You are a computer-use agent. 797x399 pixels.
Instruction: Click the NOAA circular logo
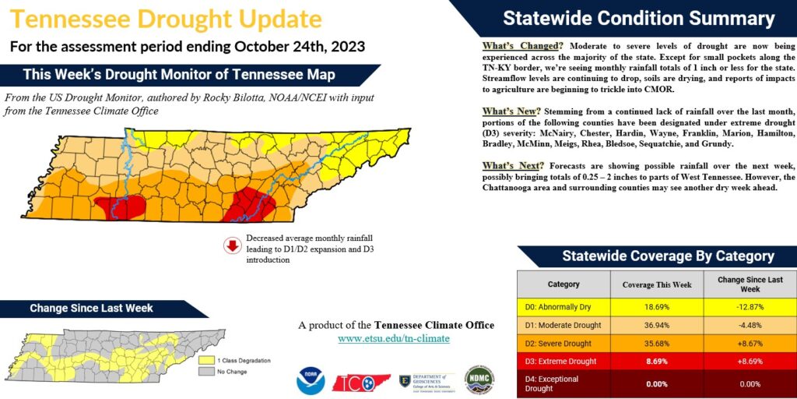[x=310, y=380]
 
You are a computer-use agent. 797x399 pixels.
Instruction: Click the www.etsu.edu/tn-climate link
[x=394, y=339]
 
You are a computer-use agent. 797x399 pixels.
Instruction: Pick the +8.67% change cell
[x=750, y=344]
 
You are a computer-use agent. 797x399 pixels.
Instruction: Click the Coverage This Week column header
[x=657, y=284]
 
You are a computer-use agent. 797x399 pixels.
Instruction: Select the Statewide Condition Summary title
[x=638, y=19]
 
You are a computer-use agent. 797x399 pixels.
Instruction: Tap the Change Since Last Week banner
[x=91, y=309]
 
